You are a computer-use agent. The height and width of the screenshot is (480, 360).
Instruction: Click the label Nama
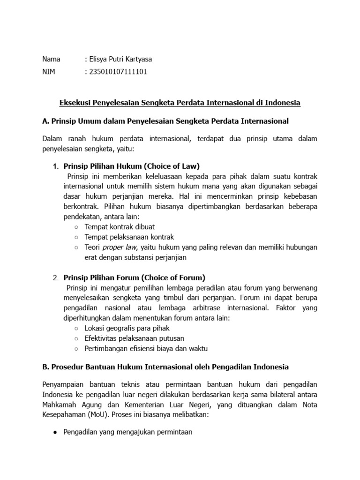[x=51, y=60]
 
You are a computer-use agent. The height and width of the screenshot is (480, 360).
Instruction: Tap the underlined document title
[x=180, y=103]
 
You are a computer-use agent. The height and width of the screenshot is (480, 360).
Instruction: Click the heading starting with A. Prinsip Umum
[x=165, y=121]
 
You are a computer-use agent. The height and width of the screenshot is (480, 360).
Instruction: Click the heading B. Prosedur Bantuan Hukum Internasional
[x=165, y=367]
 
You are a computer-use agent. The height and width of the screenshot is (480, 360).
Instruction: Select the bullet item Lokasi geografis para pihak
[x=127, y=328]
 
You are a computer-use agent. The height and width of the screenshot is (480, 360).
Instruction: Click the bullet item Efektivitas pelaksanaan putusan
[x=134, y=338]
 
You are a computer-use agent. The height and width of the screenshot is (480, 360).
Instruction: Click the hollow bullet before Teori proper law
[x=76, y=247]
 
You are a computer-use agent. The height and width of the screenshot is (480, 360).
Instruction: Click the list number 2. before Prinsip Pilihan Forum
[x=55, y=277]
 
